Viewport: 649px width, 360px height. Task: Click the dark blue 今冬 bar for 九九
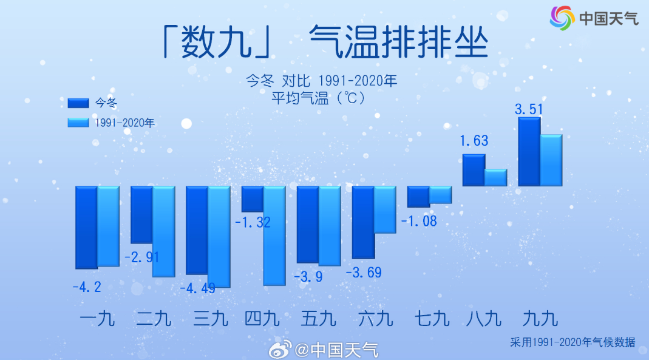point(529,151)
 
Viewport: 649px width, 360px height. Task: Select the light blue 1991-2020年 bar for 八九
point(496,177)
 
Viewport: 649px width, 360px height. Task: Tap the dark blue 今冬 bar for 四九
point(253,199)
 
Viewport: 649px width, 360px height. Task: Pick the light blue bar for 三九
point(219,237)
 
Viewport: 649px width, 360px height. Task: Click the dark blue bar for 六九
point(363,223)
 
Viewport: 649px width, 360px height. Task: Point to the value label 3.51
point(529,109)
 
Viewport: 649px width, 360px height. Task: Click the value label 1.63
point(474,141)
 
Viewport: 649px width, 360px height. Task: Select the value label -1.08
point(419,221)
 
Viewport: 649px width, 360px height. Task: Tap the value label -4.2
point(87,287)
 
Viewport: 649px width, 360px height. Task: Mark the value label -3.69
point(364,272)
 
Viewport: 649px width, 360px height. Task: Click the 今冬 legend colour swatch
point(78,103)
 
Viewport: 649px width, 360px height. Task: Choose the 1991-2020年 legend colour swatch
point(78,123)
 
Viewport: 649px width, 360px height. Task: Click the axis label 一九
point(97,319)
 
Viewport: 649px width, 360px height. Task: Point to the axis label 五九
point(318,319)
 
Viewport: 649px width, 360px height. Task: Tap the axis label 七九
point(432,319)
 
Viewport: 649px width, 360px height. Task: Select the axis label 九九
point(540,319)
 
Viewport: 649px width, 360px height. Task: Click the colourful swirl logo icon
point(562,18)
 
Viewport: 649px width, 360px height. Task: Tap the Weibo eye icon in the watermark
point(280,350)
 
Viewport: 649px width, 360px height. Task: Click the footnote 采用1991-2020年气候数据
point(573,342)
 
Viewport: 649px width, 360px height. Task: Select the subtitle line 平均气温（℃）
point(318,98)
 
